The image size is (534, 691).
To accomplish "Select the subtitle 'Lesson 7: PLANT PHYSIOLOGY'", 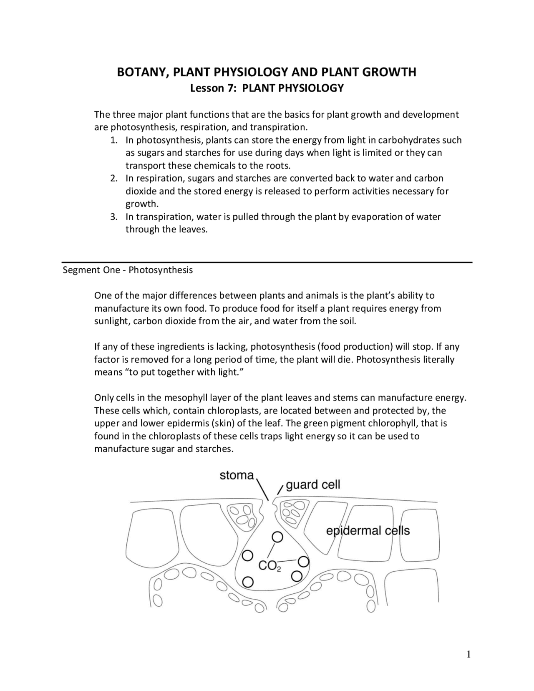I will [267, 88].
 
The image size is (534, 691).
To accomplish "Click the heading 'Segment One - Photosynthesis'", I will [128, 270].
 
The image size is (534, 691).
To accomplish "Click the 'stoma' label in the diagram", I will [237, 475].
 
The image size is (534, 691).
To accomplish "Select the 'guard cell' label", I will [313, 484].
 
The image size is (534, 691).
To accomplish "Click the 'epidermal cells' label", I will [368, 531].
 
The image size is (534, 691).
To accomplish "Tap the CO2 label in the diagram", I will [270, 566].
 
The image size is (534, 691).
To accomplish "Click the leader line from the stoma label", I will [262, 490].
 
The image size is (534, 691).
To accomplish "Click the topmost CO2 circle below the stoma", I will [277, 536].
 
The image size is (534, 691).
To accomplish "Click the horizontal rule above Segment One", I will [267, 262].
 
